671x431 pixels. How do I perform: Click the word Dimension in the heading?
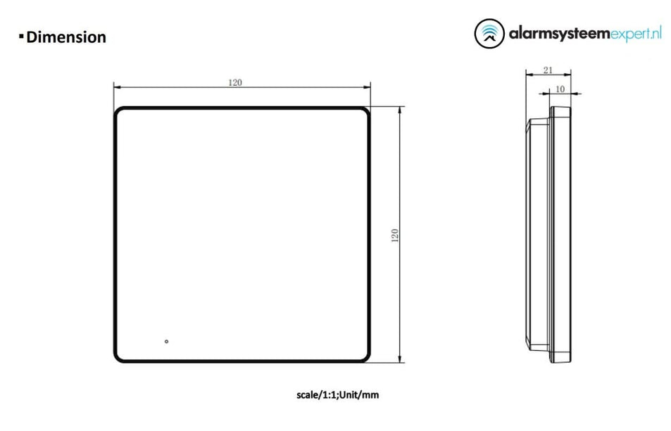[66, 37]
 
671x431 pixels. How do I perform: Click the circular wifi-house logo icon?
[490, 34]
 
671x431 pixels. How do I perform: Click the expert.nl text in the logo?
[636, 34]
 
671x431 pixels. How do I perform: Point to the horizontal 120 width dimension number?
[235, 82]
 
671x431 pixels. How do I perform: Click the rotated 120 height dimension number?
[395, 236]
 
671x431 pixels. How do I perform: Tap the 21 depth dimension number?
[548, 70]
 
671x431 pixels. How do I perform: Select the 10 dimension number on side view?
[560, 89]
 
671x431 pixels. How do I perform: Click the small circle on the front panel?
[166, 342]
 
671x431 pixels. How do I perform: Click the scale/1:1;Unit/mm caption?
[337, 395]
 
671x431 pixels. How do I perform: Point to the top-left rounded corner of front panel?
[118, 111]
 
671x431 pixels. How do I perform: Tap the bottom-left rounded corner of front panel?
[118, 359]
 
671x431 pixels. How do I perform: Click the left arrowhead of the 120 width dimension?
[118, 88]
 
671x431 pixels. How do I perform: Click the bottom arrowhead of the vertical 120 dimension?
[401, 359]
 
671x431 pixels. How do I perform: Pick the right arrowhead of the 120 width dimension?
[367, 88]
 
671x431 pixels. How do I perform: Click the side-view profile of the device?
[551, 236]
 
